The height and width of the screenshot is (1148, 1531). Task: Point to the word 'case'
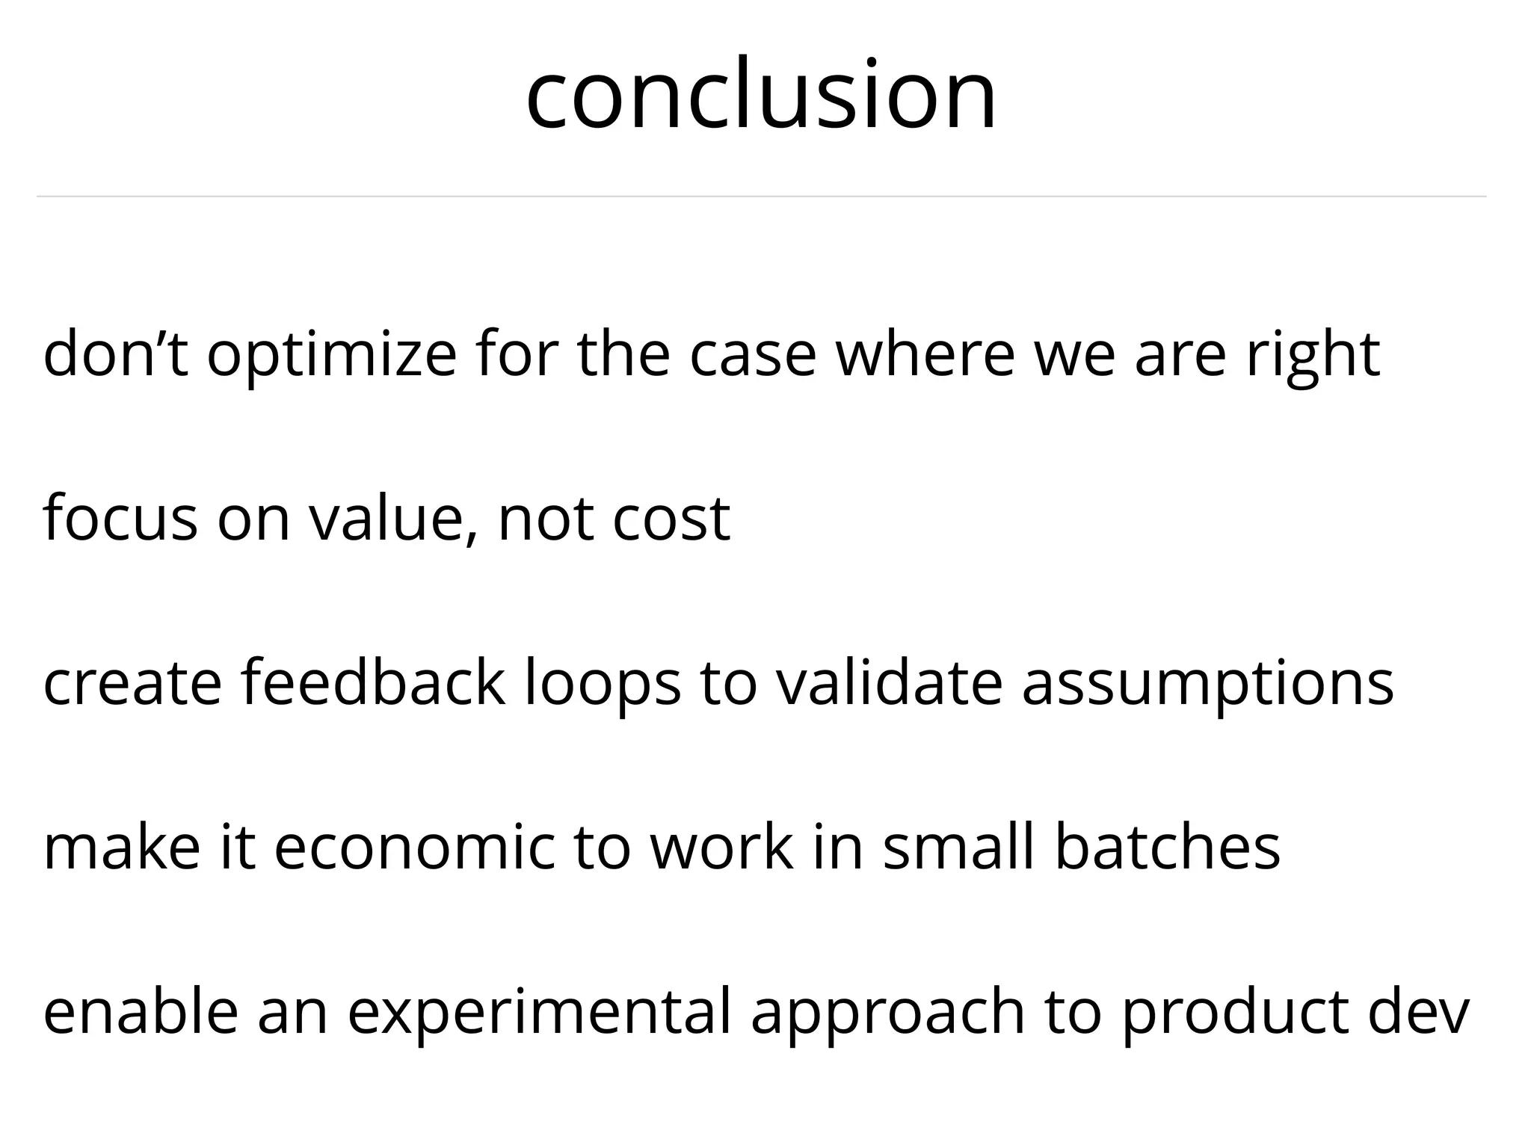tap(751, 356)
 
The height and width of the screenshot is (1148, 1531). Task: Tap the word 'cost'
tap(671, 520)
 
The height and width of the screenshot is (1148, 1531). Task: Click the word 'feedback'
tap(372, 683)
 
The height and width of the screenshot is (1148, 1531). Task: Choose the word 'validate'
tap(888, 683)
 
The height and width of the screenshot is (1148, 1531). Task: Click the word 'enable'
tap(141, 1012)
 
